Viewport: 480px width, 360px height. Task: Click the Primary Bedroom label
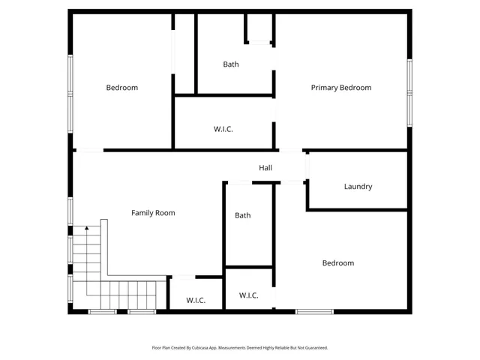[x=341, y=88]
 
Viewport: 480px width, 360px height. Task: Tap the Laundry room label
[x=358, y=187]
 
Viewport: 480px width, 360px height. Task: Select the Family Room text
[x=153, y=213]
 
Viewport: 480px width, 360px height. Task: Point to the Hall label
[x=265, y=168]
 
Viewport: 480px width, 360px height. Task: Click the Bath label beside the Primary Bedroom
[x=231, y=64]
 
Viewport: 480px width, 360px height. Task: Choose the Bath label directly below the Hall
[x=243, y=215]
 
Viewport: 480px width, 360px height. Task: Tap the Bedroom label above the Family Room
[x=121, y=88]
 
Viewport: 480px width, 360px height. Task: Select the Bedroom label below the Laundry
[x=338, y=263]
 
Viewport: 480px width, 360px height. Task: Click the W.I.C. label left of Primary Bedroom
[x=223, y=129]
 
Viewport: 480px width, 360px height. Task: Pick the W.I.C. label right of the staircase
[x=196, y=301]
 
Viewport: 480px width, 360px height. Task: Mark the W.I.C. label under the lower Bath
[x=249, y=295]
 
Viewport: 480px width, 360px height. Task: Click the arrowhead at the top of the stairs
[x=86, y=227]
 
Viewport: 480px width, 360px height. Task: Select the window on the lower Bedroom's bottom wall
[x=314, y=311]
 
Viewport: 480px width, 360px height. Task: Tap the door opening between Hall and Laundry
[x=307, y=166]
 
